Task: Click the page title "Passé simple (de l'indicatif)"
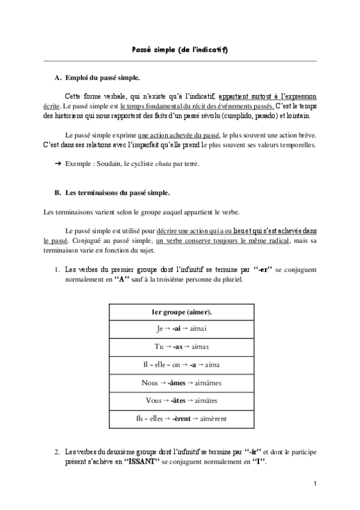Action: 180,49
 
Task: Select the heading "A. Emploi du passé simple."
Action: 97,78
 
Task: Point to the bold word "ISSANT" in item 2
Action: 142,461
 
